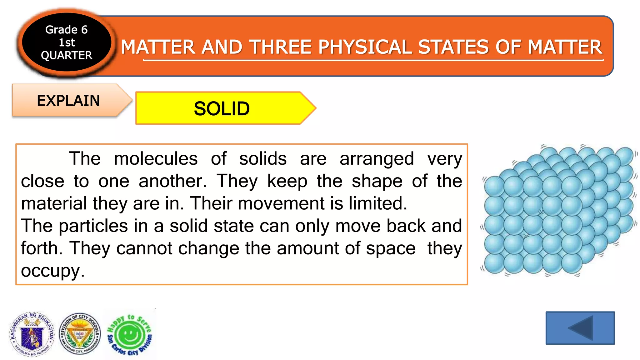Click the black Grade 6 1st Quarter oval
tap(66, 42)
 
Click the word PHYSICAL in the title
tap(365, 47)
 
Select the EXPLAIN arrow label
tap(68, 101)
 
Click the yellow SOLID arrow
tap(222, 108)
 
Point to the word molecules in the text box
tap(156, 158)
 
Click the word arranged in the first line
tap(377, 158)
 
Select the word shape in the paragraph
tap(377, 181)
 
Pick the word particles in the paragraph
tap(93, 226)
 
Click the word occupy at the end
tap(52, 271)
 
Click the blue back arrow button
tap(580, 328)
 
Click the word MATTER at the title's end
tap(565, 47)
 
